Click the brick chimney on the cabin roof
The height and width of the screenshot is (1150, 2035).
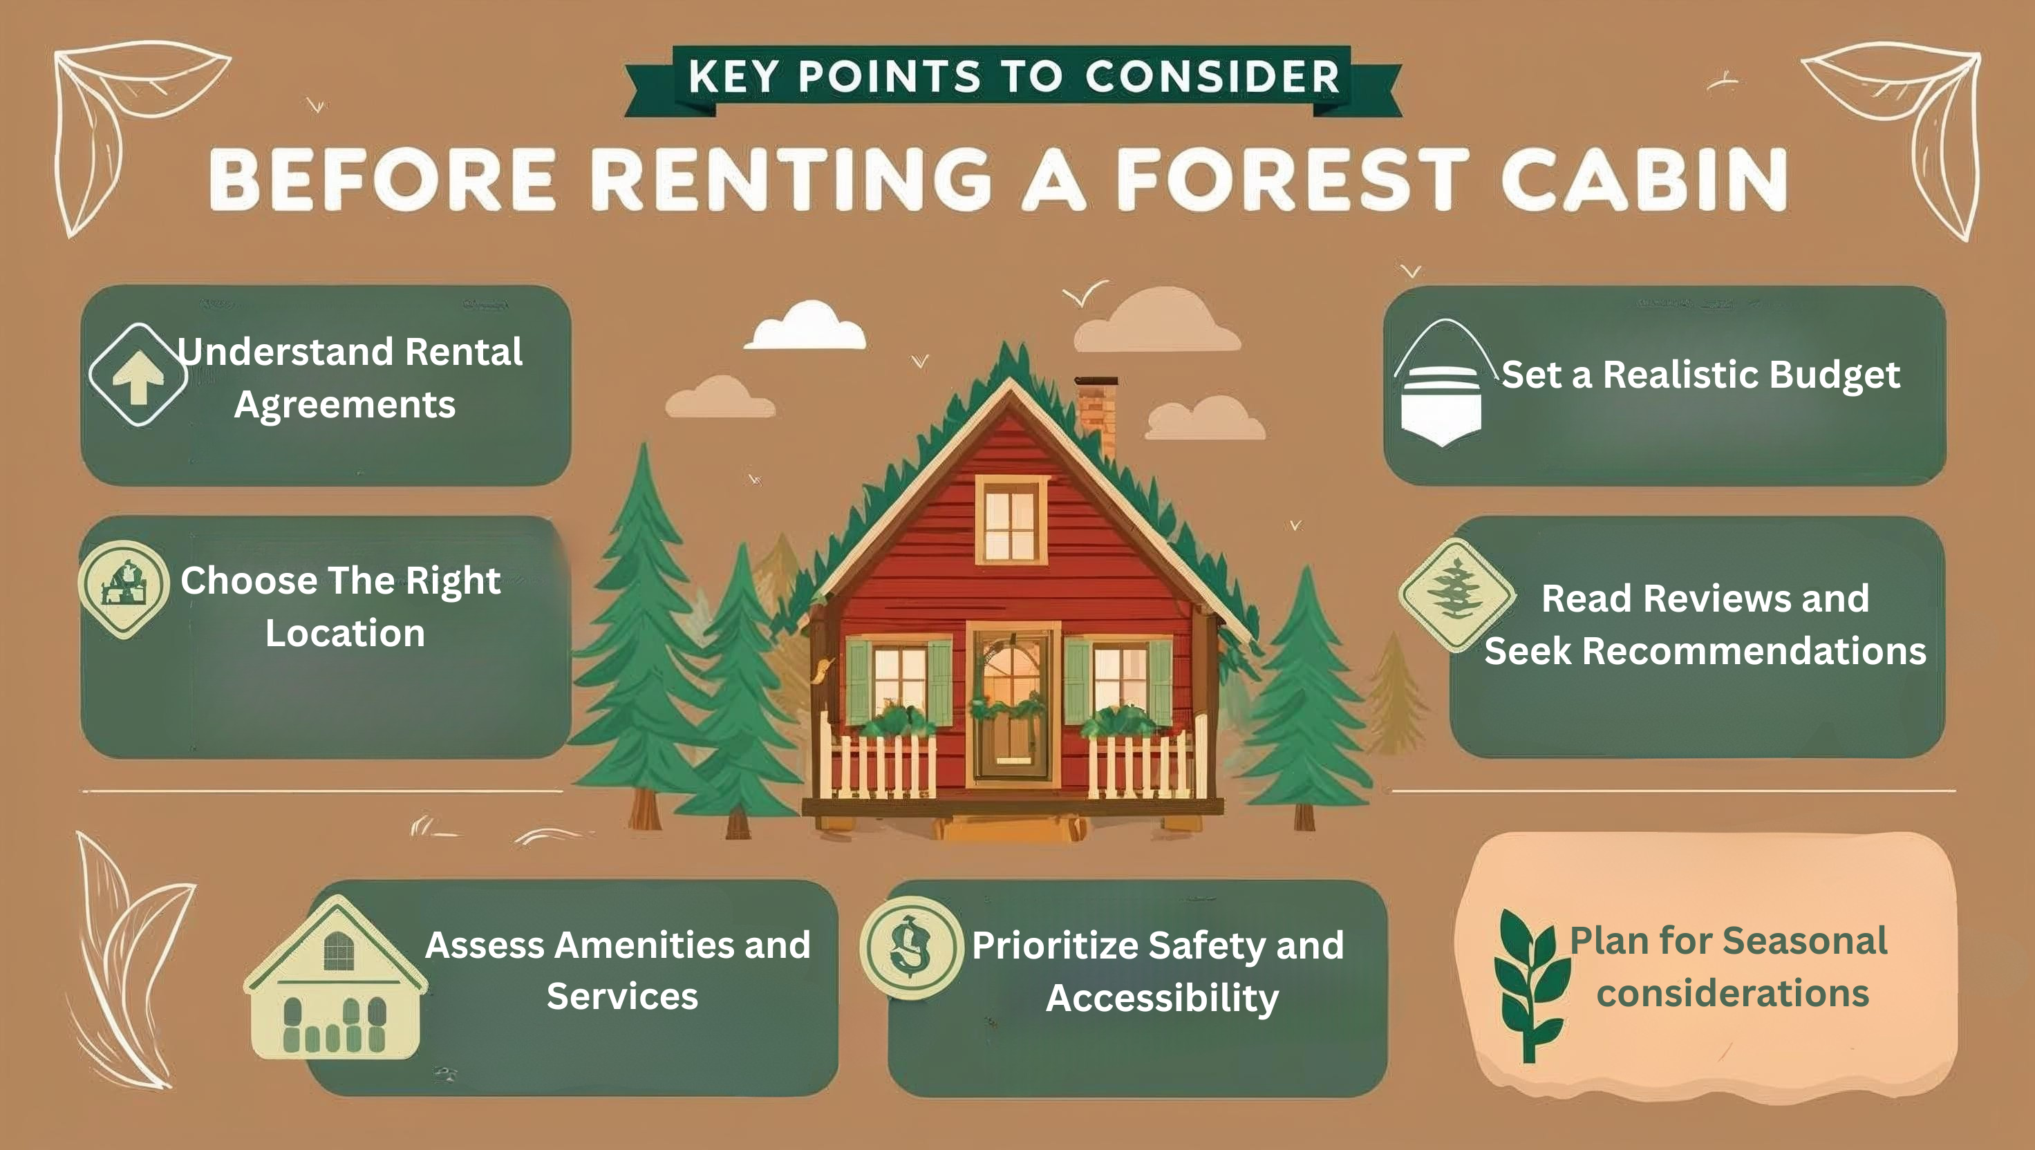tap(1096, 415)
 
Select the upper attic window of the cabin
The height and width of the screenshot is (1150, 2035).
tap(1011, 520)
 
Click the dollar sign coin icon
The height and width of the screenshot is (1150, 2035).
tap(912, 948)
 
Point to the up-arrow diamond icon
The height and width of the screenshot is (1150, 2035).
tap(138, 375)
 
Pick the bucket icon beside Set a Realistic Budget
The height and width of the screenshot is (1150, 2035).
tap(1443, 383)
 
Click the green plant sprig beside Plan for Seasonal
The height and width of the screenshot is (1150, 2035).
tap(1530, 984)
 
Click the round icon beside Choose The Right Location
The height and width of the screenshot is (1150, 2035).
tap(124, 588)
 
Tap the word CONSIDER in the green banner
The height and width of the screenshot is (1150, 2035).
tap(1212, 77)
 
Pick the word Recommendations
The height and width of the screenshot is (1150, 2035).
tap(1754, 651)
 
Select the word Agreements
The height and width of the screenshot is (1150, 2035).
tap(345, 405)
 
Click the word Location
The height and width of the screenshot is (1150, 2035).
tap(345, 632)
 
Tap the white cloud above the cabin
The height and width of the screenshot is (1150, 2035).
tap(805, 326)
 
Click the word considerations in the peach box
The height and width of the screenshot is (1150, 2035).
tap(1733, 993)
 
